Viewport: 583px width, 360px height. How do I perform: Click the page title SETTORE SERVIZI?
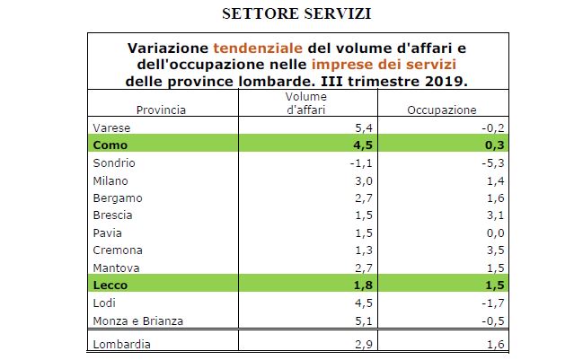292,14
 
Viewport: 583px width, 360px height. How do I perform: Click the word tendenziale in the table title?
252,47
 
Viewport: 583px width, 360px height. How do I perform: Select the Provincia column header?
161,110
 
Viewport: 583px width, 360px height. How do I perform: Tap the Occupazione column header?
441,110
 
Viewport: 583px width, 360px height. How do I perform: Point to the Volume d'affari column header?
305,103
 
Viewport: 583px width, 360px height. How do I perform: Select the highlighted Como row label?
110,145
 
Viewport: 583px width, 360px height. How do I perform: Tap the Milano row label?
110,180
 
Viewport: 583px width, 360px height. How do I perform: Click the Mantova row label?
113,268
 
